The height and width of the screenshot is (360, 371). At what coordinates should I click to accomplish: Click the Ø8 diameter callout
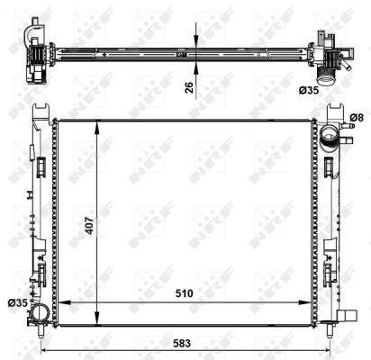tap(357, 116)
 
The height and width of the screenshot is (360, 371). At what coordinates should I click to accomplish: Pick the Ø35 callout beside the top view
tap(334, 90)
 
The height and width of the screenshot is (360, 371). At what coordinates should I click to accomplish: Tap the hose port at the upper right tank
tap(330, 138)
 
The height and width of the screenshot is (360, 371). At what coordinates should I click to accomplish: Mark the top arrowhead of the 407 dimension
tap(96, 123)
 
